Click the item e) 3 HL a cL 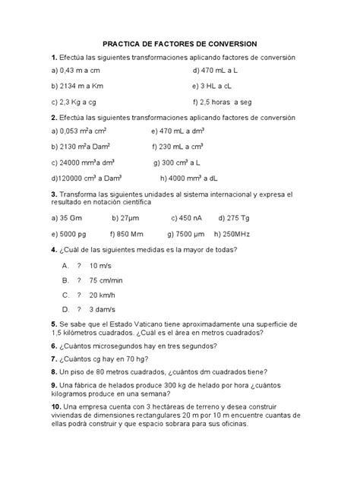217,86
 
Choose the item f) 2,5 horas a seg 228,101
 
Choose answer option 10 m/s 100,266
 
